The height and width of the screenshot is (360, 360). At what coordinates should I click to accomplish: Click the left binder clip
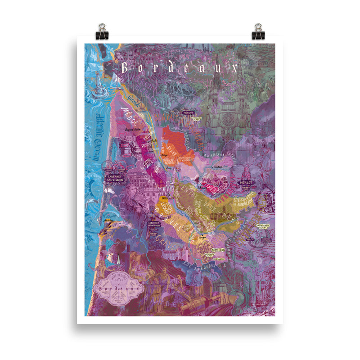pos(101,31)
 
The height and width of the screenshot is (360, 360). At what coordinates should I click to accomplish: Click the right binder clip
pos(258,31)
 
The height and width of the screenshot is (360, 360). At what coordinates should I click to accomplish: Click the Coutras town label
pos(219,167)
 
